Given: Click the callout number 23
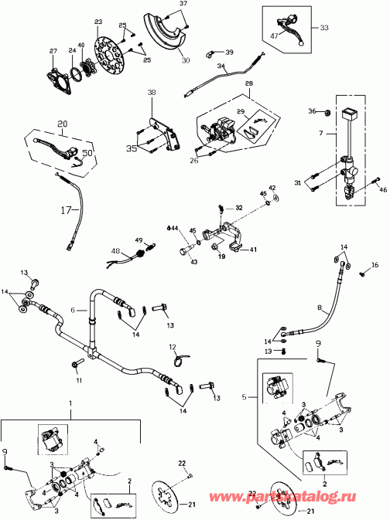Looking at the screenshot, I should [x=98, y=22].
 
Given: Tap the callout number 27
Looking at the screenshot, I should [x=53, y=52].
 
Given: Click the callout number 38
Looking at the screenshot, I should [x=152, y=92].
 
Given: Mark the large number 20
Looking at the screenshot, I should [x=62, y=122].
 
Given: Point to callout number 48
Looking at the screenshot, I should [x=115, y=250].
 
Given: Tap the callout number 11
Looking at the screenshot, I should [x=78, y=381].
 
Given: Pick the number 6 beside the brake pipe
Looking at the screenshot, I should [x=74, y=308].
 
